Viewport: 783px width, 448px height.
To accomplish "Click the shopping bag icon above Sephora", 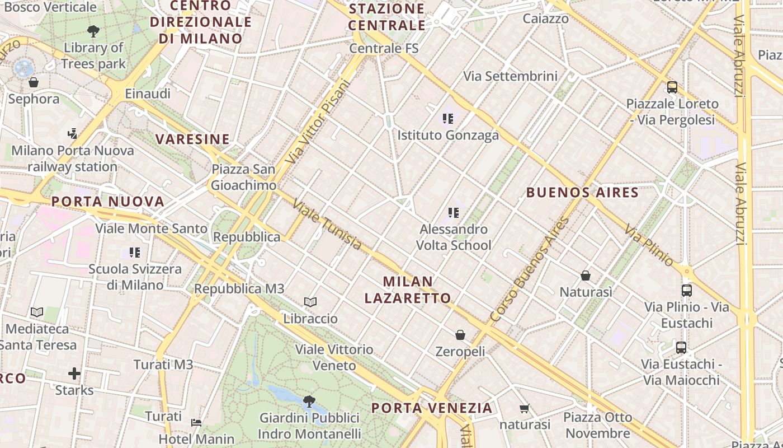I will point(34,83).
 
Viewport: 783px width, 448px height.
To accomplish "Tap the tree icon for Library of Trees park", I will point(93,31).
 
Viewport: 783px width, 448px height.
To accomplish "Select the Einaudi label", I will point(148,94).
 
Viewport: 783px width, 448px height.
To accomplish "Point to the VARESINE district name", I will point(192,139).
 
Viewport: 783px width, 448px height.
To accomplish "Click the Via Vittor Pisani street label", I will point(317,122).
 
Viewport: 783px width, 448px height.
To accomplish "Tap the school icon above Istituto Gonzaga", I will point(448,118).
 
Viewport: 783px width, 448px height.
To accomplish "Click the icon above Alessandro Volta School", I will point(454,213).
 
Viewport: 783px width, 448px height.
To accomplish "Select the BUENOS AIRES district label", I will point(582,193).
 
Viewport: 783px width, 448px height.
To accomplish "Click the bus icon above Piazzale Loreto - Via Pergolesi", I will point(672,87).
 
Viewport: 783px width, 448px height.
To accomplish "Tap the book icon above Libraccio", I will point(310,302).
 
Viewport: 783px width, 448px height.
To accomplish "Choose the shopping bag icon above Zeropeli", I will point(460,335).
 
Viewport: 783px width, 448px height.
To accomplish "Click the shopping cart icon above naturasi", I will point(524,408).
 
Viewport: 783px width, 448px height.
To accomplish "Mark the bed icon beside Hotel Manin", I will point(196,422).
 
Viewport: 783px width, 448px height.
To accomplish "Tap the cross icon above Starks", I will point(74,374).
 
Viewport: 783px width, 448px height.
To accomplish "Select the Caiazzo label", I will point(545,18).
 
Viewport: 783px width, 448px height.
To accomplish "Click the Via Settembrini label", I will point(511,76).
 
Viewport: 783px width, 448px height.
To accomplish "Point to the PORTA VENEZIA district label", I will point(432,408).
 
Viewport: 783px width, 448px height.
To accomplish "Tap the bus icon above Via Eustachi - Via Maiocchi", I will point(681,347).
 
